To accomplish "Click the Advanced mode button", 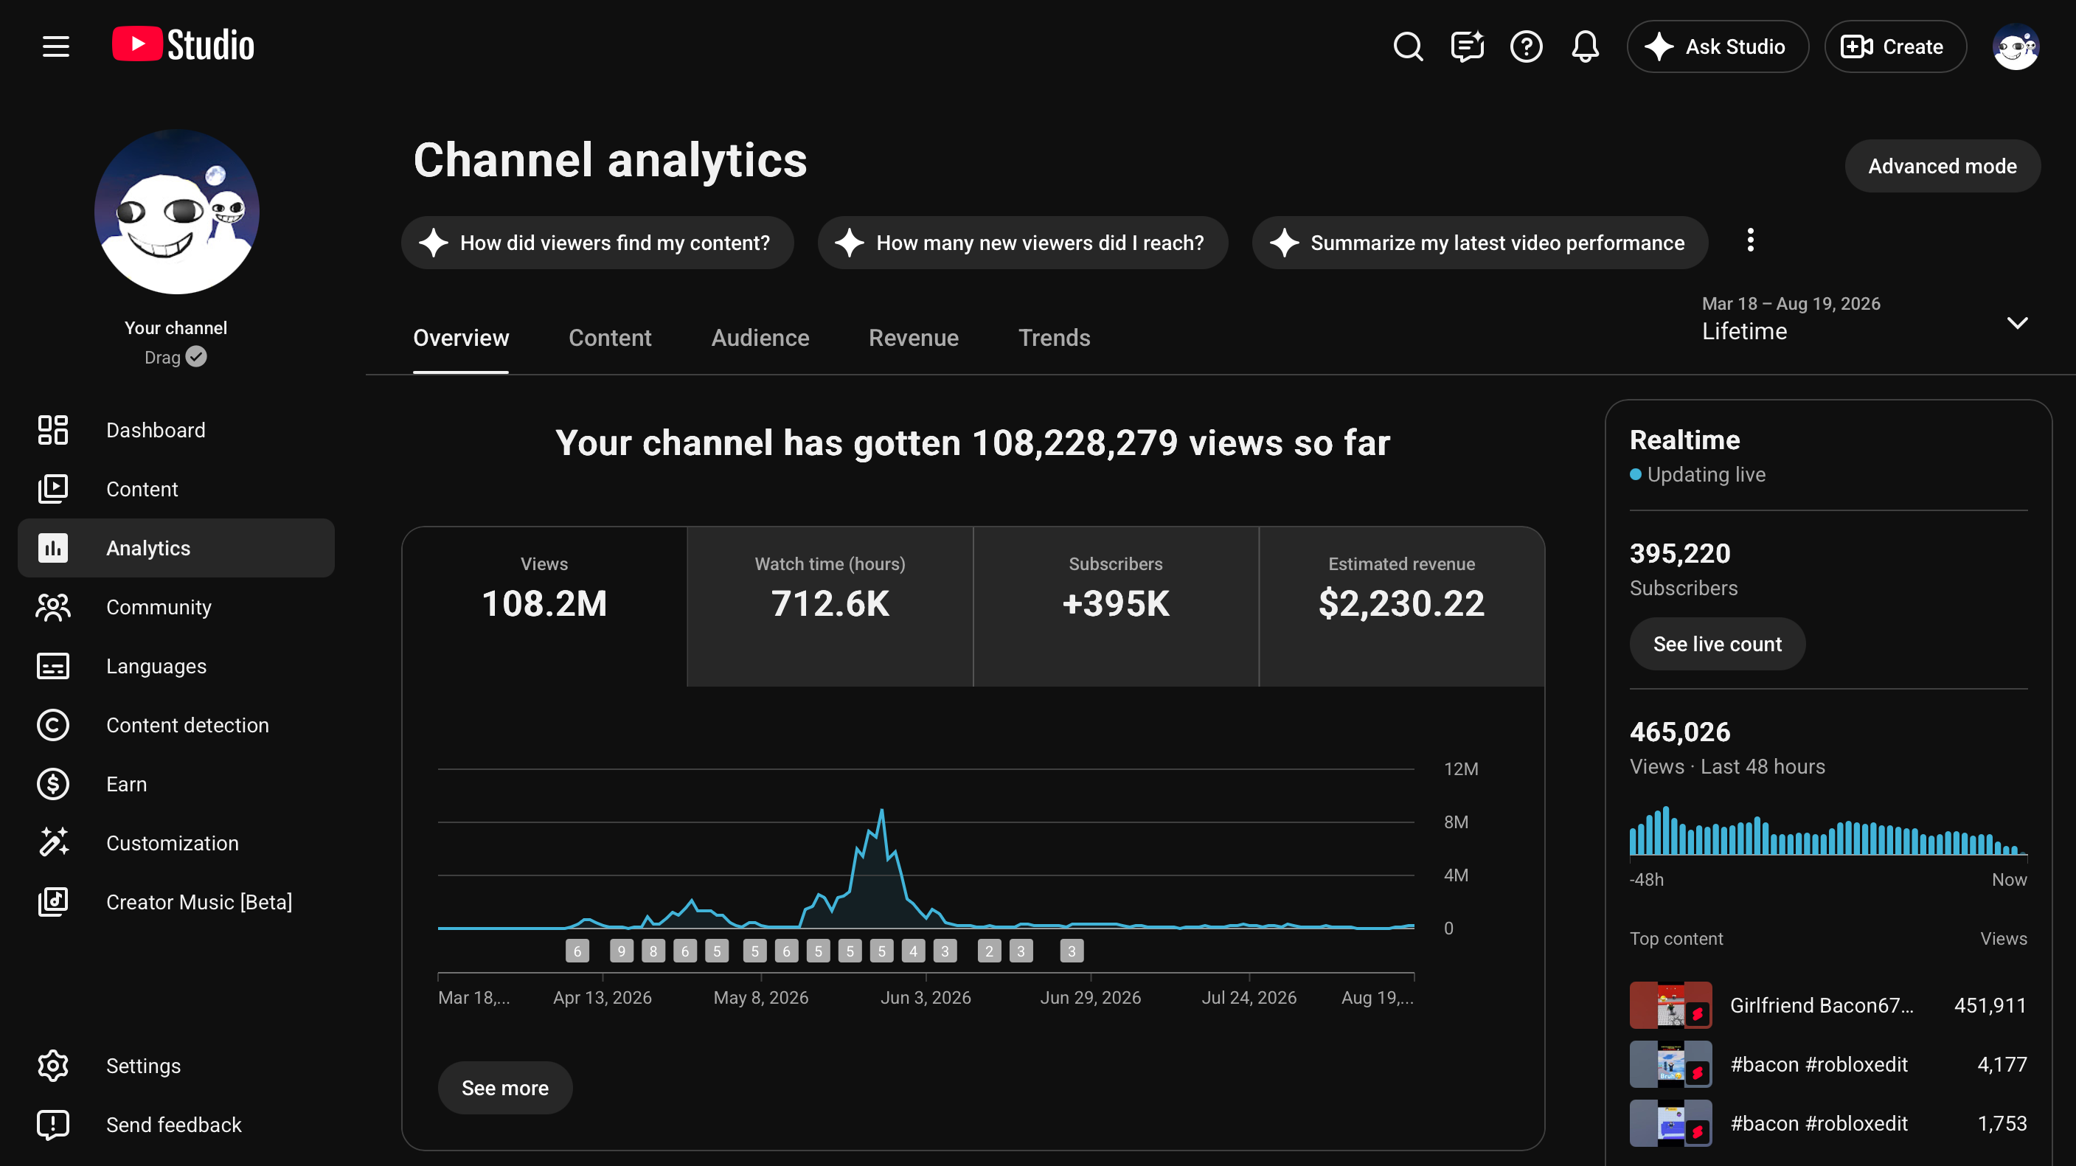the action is pos(1943,166).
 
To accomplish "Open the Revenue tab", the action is pos(913,338).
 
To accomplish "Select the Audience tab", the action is pos(760,338).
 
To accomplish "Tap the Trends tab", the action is pos(1054,338).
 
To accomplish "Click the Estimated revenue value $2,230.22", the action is pos(1401,603).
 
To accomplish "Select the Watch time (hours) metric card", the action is pos(830,606).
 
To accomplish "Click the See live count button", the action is pos(1718,644).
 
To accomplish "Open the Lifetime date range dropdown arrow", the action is pos(2017,323).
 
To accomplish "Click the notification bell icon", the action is pos(1585,46).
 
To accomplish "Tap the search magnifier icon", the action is pos(1408,46).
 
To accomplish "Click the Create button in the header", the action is pos(1895,46).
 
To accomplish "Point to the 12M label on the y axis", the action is pos(1460,768).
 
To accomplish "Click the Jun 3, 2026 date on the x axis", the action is pos(926,998).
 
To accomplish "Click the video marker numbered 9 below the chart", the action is pos(622,951).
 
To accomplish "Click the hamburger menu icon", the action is pos(55,46).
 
